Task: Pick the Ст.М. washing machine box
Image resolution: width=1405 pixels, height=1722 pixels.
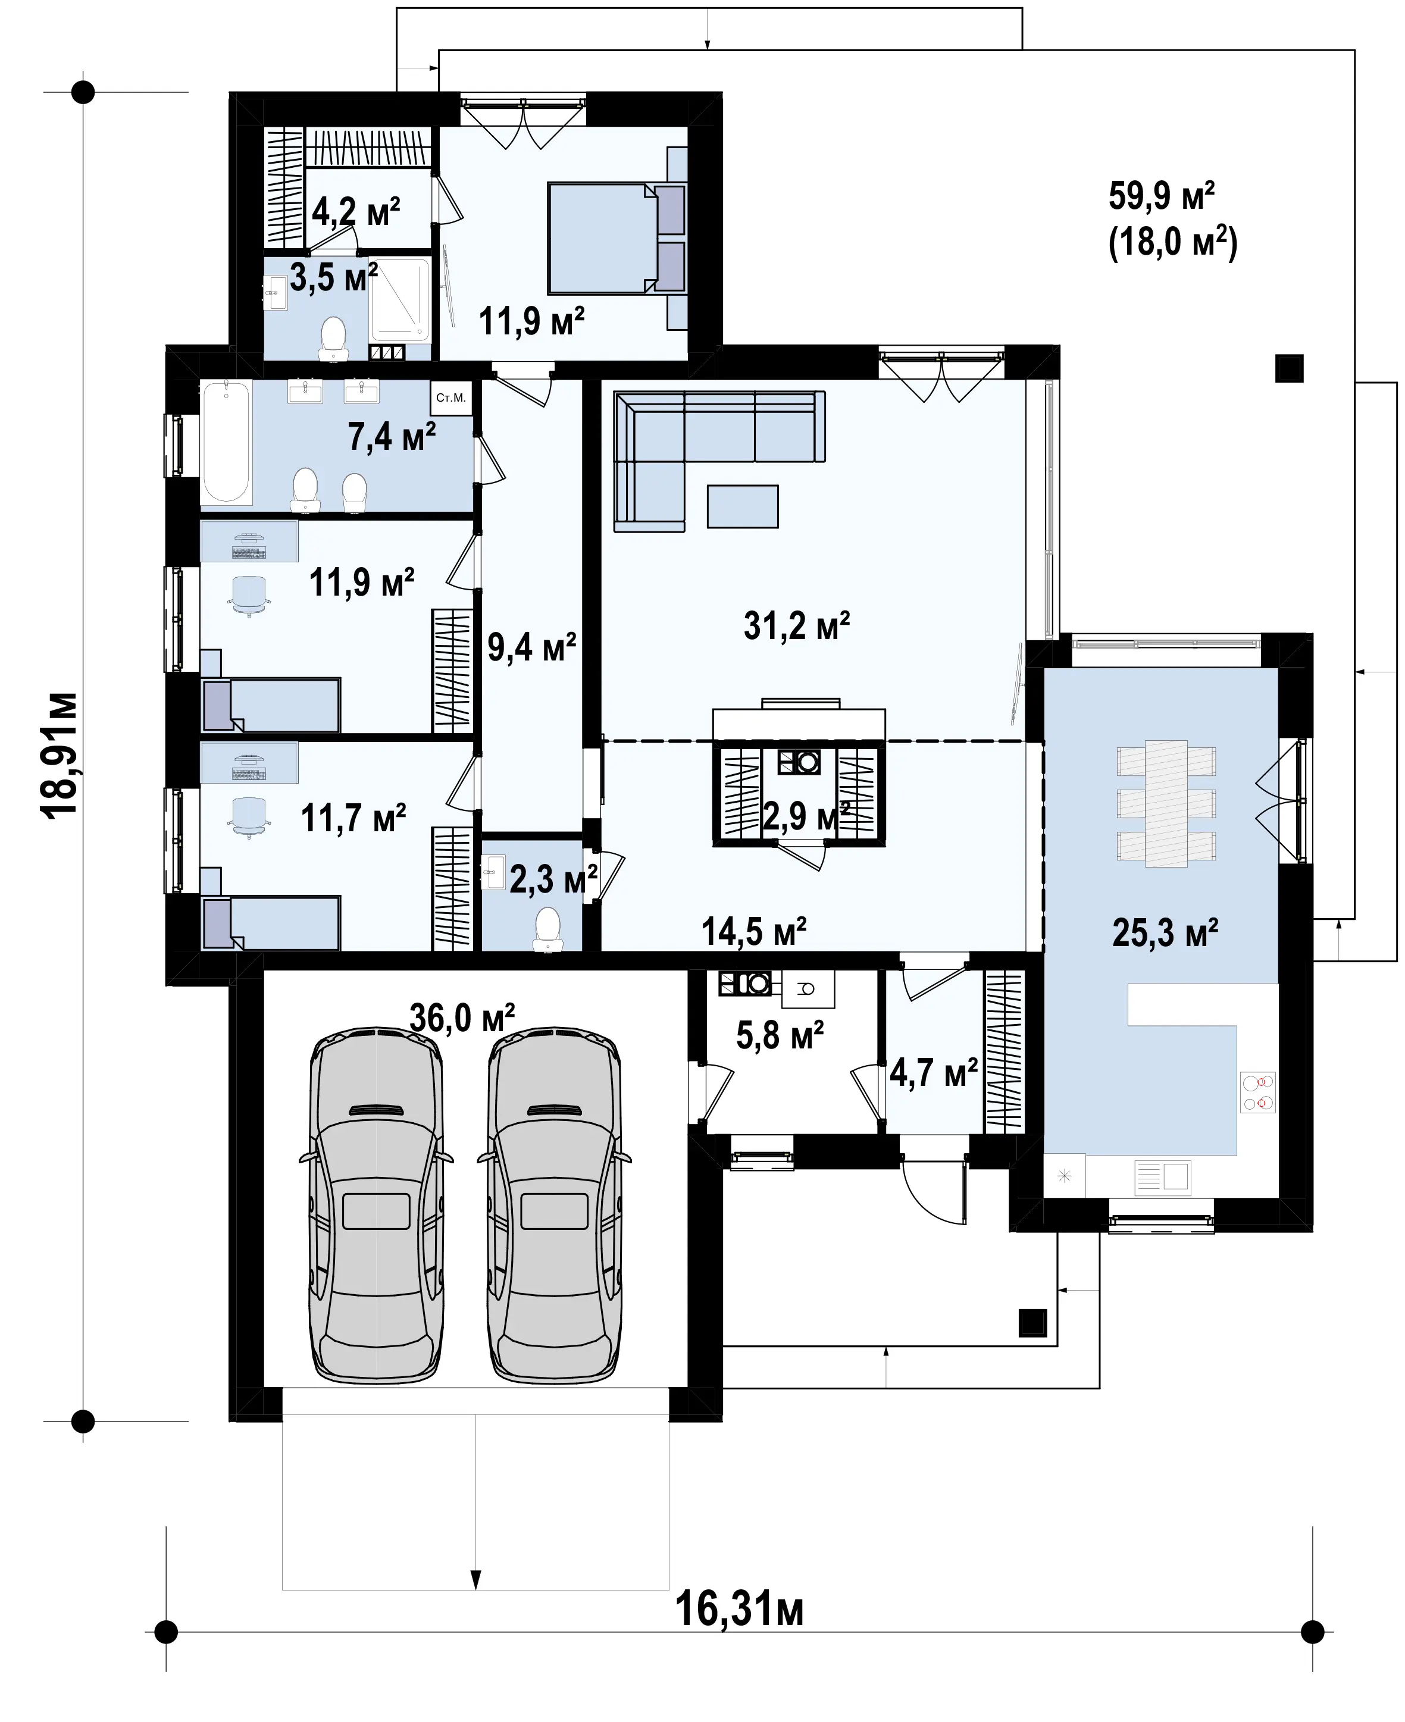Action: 451,397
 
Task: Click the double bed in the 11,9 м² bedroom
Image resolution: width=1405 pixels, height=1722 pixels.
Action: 617,237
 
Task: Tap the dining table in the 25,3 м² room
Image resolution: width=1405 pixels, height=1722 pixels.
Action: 1166,803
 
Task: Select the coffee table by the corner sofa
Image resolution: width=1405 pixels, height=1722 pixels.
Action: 742,506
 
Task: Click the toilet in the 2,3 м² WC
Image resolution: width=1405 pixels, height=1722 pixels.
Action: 548,929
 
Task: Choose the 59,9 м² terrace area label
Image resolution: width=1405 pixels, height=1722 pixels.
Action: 1162,196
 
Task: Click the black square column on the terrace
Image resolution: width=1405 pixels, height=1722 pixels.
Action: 1290,368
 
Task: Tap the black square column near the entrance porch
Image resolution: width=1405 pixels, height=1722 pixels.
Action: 1032,1322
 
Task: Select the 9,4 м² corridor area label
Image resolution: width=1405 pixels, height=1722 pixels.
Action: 532,647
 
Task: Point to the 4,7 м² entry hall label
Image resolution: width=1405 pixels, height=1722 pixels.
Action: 934,1073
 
